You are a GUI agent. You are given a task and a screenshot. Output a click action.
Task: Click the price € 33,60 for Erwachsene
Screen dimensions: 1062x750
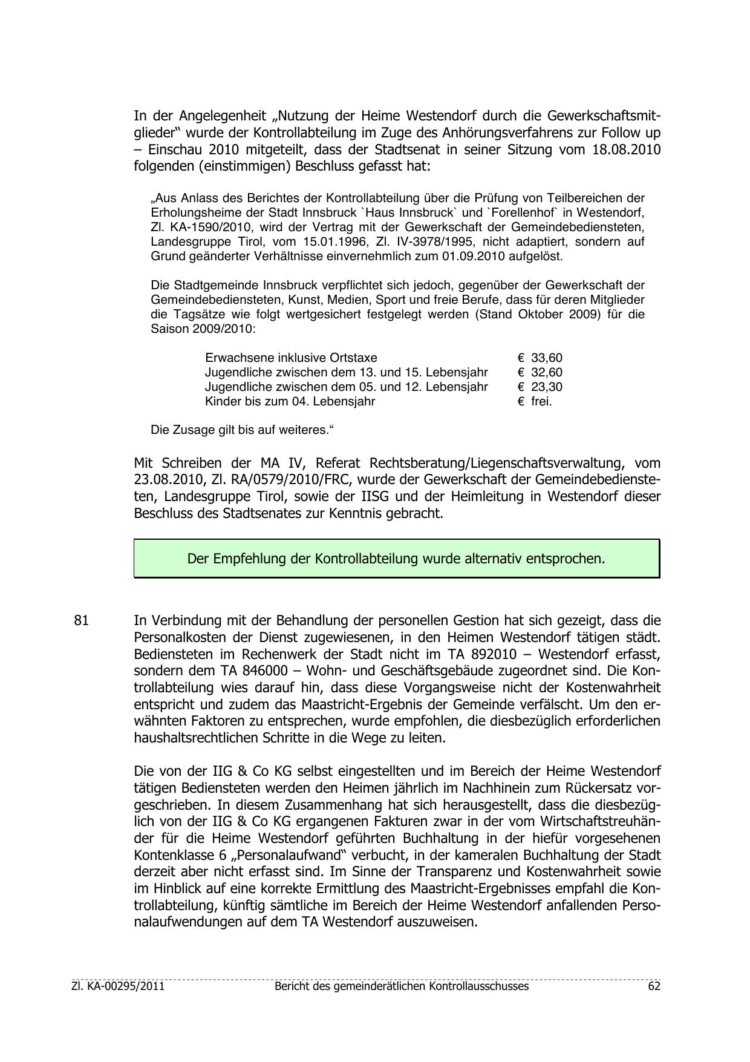click(x=540, y=358)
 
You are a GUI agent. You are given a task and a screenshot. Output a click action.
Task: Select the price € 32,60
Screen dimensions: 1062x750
click(x=540, y=372)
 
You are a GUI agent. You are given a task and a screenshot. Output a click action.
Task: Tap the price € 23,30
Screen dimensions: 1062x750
click(x=540, y=387)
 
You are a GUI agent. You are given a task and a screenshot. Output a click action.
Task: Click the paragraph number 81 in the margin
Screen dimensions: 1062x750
click(x=82, y=621)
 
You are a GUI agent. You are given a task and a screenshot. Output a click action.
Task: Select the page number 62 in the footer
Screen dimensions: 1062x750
click(x=654, y=986)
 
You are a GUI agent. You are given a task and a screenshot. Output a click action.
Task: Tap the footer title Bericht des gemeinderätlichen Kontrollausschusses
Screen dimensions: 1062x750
click(x=401, y=986)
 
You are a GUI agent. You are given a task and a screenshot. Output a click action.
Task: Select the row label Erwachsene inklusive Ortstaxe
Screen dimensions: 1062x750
click(x=291, y=358)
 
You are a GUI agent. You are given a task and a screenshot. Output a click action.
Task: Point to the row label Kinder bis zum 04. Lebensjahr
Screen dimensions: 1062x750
click(x=290, y=401)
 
